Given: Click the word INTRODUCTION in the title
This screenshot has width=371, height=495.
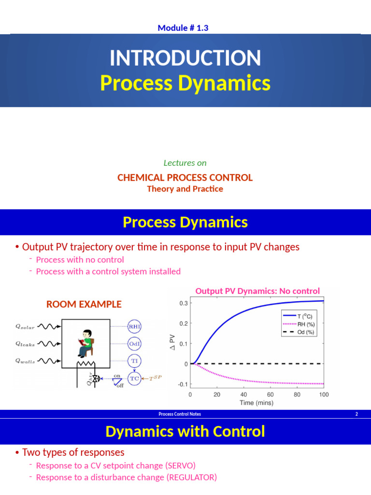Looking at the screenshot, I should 185,58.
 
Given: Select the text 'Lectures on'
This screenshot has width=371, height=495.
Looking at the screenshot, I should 185,163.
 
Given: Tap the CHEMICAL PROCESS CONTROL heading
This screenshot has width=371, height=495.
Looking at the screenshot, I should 185,177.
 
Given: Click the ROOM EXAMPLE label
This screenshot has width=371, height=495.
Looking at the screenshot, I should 84,304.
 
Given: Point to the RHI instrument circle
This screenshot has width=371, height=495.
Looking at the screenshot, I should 134,326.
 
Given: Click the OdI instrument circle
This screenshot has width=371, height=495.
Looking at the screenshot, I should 134,344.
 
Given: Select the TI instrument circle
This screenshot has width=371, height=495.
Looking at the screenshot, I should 134,361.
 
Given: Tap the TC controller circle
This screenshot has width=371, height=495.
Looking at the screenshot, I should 134,378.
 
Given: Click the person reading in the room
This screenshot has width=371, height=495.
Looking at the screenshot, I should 85,343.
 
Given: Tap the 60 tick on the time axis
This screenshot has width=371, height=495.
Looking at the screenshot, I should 270,394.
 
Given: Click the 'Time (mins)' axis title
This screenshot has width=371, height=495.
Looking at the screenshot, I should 256,403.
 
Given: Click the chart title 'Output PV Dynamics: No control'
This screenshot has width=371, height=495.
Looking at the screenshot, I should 257,291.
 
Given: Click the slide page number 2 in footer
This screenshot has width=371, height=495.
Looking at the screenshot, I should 357,414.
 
